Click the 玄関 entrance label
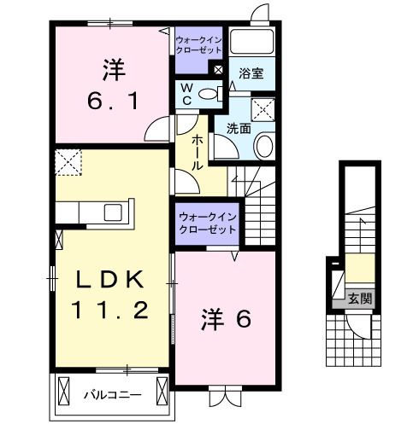click(359, 299)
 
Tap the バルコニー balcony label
click(112, 395)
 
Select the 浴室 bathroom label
click(251, 74)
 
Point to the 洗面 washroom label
click(239, 128)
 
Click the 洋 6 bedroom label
click(227, 320)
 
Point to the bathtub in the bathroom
click(252, 43)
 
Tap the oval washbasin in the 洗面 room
click(263, 146)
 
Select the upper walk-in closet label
click(198, 44)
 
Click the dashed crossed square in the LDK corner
click(68, 160)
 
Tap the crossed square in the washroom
click(261, 108)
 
